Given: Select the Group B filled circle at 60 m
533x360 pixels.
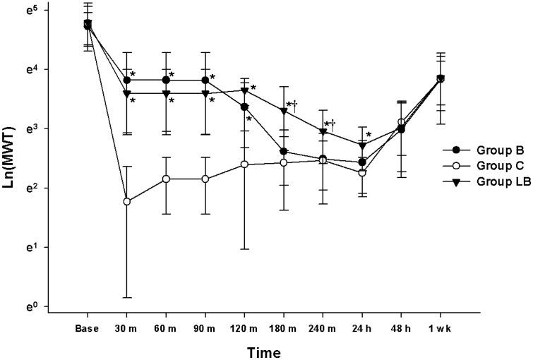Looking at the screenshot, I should [x=166, y=80].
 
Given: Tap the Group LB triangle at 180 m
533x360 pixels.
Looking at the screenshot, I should [x=284, y=111].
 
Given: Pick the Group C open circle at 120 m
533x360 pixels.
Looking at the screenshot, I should [x=244, y=164].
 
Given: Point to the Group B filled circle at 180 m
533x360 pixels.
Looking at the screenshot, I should [x=284, y=151].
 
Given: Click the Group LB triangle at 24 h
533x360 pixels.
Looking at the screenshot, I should [x=362, y=145].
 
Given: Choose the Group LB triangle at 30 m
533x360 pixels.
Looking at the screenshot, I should [x=127, y=93].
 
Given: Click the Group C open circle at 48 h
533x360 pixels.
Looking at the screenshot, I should [x=401, y=122].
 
